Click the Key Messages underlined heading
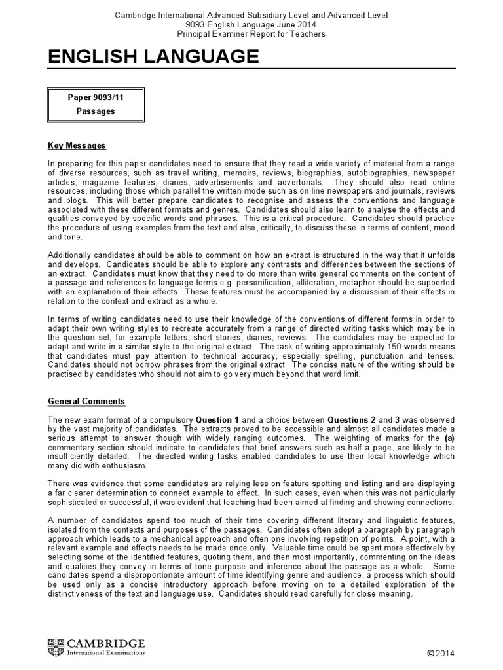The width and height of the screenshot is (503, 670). coord(77,145)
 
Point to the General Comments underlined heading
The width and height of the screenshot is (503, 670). coord(86,401)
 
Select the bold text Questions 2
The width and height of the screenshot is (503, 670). coord(354,419)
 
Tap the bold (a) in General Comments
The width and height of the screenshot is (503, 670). coord(449,437)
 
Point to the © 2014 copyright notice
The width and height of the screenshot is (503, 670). coord(440,652)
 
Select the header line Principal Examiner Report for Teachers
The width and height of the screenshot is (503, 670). coord(251,34)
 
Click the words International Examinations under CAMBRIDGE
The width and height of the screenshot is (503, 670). coord(105,652)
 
